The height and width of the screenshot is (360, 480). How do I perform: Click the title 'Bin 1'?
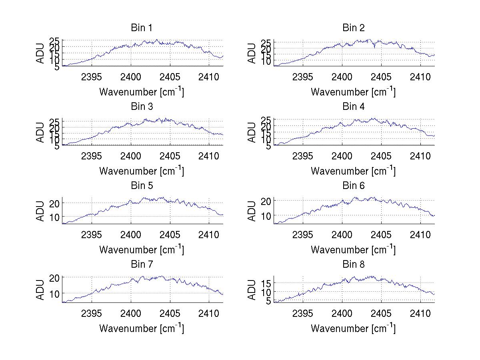pos(141,28)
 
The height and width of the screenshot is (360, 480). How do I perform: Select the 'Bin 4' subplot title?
pos(353,107)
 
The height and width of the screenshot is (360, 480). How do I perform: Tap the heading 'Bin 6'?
pos(353,186)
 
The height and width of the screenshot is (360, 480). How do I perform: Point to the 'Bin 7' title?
pos(141,265)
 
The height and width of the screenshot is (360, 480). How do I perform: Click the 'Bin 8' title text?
pos(353,265)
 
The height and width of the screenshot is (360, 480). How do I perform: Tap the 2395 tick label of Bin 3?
pos(92,155)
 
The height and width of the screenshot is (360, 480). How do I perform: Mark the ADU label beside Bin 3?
pos(40,132)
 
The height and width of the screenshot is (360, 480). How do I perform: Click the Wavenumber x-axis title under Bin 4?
pos(353,171)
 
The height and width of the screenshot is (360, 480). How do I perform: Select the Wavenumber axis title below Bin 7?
pos(141,328)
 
